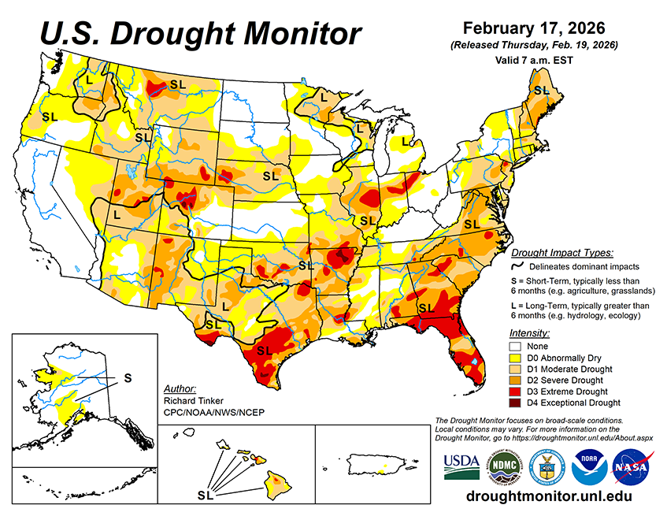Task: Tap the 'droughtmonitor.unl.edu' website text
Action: [x=548, y=497]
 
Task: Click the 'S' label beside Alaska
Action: [x=128, y=378]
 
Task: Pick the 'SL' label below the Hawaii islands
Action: [x=206, y=496]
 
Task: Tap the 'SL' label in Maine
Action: [x=541, y=91]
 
